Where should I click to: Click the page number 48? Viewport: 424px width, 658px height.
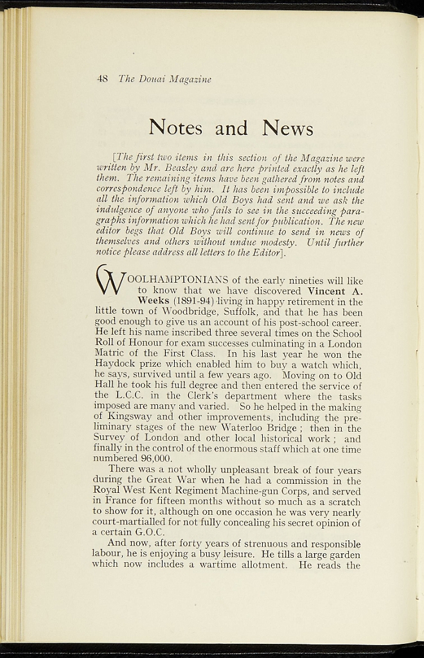pyautogui.click(x=102, y=79)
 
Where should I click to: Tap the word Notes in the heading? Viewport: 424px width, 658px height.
pyautogui.click(x=175, y=128)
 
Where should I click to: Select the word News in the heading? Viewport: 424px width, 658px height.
pyautogui.click(x=287, y=128)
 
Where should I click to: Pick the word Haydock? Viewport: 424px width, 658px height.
pyautogui.click(x=114, y=365)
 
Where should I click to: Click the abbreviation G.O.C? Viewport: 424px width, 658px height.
pyautogui.click(x=148, y=533)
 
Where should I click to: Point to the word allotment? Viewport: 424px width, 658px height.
pyautogui.click(x=260, y=565)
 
